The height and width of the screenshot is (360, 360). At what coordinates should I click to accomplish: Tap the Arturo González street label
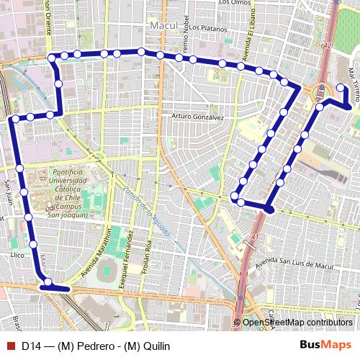[198, 117]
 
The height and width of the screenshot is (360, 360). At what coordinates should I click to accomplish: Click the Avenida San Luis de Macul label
[292, 261]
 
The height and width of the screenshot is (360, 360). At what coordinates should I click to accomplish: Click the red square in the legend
[10, 346]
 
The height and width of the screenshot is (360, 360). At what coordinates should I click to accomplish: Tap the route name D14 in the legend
[30, 346]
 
